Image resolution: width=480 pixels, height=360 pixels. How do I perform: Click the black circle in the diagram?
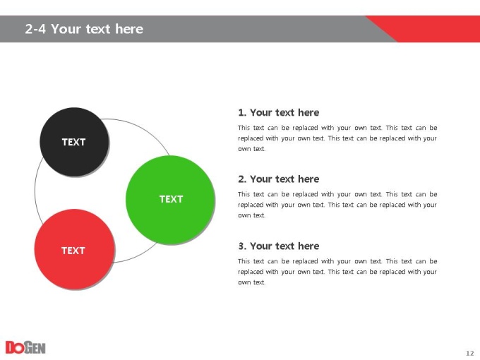click(x=74, y=142)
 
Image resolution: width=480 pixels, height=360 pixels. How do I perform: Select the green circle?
click(x=170, y=200)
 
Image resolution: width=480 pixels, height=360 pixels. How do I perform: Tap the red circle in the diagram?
click(x=74, y=249)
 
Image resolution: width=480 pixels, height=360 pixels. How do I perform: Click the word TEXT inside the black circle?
click(x=74, y=142)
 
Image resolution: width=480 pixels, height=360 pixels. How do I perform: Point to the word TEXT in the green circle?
click(x=171, y=199)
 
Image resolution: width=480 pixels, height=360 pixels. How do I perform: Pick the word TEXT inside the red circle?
click(x=73, y=251)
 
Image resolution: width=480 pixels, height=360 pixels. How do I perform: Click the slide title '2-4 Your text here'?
click(x=84, y=29)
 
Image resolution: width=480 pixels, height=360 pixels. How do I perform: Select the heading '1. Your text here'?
click(x=279, y=113)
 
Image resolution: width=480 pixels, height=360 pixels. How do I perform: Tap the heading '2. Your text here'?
click(x=279, y=179)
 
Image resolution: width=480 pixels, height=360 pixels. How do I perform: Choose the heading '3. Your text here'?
click(x=279, y=246)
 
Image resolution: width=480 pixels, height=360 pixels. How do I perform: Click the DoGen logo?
click(x=25, y=347)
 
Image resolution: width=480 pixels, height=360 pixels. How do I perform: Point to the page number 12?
click(x=470, y=353)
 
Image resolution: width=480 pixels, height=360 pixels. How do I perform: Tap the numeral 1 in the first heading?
click(x=241, y=113)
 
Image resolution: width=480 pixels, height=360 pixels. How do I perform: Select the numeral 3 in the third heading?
click(x=241, y=246)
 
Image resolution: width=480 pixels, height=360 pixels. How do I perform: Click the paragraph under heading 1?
click(x=337, y=138)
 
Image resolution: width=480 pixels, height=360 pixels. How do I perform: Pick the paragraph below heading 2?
click(x=337, y=205)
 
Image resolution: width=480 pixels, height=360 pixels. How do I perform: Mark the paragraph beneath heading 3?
click(x=337, y=272)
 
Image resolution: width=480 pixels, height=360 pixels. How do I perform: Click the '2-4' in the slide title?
click(x=35, y=29)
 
